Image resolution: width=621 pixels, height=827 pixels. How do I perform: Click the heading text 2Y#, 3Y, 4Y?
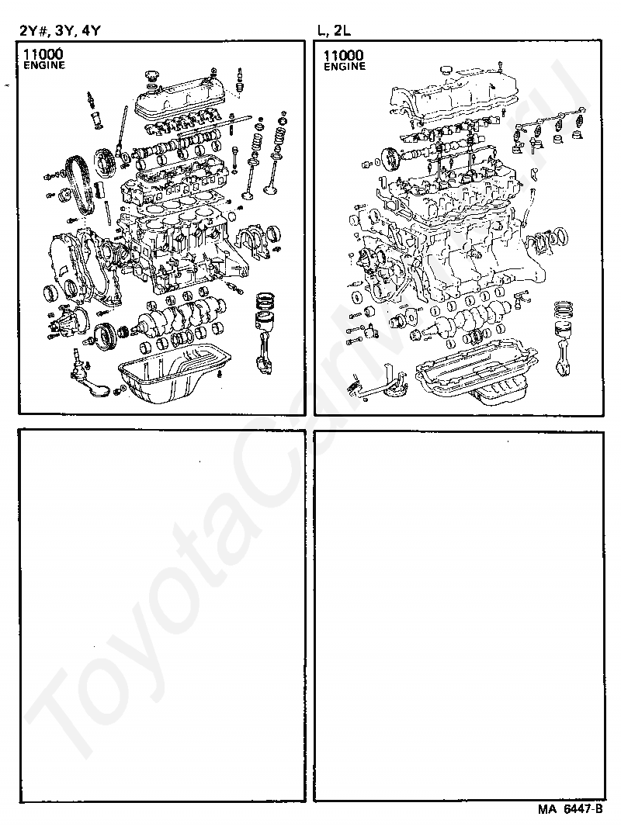(x=61, y=31)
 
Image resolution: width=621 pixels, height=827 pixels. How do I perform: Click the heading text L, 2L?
(x=335, y=31)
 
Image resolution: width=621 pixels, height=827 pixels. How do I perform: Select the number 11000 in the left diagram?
(x=43, y=55)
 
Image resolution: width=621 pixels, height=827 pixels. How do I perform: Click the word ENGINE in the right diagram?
(x=344, y=67)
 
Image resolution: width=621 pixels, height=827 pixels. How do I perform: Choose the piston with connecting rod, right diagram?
(x=564, y=334)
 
